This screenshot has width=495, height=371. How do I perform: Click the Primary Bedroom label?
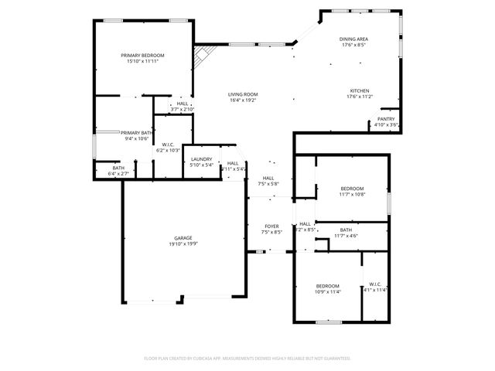142,56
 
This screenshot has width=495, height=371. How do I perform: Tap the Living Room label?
242,94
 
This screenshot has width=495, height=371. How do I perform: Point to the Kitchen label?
359,90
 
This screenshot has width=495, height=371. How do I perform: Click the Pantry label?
386,119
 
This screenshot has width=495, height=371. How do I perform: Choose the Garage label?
183,238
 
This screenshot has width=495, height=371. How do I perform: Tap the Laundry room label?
201,158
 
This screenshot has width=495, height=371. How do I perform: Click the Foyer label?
271,226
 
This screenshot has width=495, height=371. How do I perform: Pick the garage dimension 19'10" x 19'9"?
183,244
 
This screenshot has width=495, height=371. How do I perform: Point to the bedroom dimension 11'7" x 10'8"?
352,195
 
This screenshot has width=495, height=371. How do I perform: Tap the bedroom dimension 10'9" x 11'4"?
328,292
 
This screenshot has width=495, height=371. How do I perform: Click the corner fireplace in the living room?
203,56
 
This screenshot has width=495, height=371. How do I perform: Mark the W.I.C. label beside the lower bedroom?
375,284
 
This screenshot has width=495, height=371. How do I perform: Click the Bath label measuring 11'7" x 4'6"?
346,230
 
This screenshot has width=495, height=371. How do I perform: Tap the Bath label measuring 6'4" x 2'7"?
118,168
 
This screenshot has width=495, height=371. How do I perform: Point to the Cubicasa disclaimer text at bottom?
247,359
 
